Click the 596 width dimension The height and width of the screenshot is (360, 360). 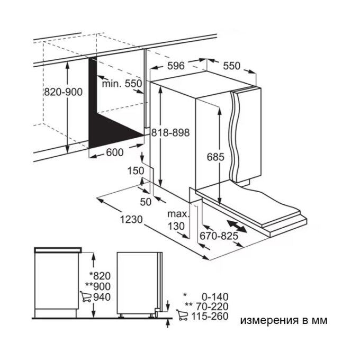pos(176,66)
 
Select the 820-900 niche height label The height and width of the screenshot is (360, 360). pos(63,92)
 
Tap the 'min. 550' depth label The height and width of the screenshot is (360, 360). pos(122,84)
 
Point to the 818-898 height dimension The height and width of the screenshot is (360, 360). pos(170,133)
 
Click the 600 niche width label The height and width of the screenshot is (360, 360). pos(115,152)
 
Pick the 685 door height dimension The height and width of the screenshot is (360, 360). pos(215,157)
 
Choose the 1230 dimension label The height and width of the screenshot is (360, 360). pos(131,220)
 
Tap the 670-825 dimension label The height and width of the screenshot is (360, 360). pos(219,236)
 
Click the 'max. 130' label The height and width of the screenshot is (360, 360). pos(178,220)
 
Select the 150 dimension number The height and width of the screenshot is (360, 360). pos(136,171)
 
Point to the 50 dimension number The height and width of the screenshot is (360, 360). pos(146,202)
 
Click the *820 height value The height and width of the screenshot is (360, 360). pos(100,276)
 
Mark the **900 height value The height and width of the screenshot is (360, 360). pos(98,286)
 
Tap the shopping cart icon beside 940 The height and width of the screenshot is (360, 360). pos(86,296)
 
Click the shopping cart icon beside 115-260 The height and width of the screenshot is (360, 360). pos(182,315)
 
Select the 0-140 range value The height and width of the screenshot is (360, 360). pos(215,297)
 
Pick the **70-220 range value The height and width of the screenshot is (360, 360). pos(206,307)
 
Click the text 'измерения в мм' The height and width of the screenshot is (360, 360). pos(284,320)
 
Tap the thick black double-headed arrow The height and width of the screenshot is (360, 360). pos(237,227)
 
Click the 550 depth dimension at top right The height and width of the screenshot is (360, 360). pos(232,66)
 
